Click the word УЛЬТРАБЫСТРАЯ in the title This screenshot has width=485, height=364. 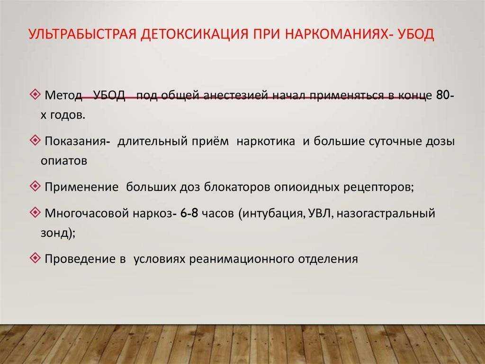82,34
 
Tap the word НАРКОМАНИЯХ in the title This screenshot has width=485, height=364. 336,34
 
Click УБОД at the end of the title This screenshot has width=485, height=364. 416,34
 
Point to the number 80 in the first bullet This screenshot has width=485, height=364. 443,95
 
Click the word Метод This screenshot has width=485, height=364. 63,95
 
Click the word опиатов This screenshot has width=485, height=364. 64,160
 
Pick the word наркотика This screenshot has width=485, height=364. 266,141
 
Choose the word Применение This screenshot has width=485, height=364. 81,187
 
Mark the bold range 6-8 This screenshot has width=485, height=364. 189,213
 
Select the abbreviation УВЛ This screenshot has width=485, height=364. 319,213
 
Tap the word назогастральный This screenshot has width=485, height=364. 386,213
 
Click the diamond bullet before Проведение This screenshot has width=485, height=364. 36,258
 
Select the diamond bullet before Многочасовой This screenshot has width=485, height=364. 36,212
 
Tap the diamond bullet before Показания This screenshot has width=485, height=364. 36,140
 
